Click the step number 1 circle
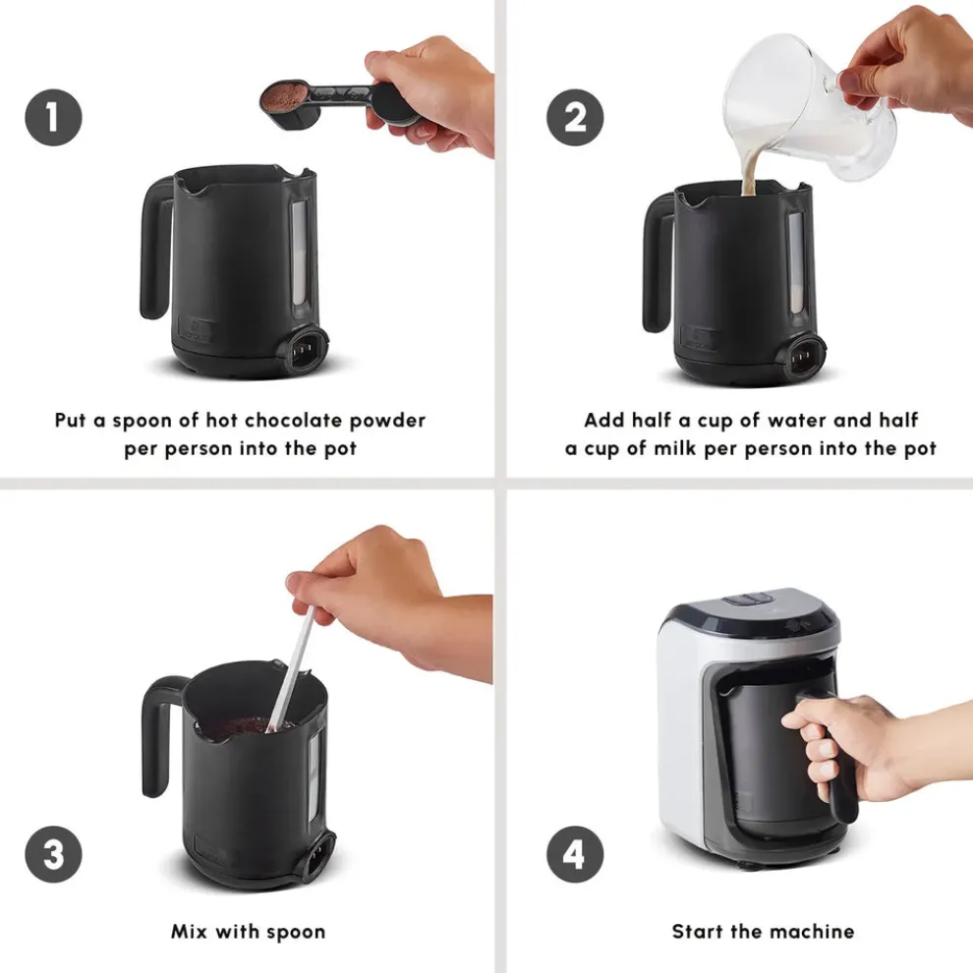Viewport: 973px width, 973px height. pyautogui.click(x=53, y=118)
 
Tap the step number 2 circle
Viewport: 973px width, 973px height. pyautogui.click(x=575, y=118)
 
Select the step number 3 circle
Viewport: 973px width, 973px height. pyautogui.click(x=53, y=854)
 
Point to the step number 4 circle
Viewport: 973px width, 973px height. pyautogui.click(x=575, y=854)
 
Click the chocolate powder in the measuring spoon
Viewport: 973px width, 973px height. pyautogui.click(x=284, y=94)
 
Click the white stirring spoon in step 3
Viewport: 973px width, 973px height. pyautogui.click(x=290, y=669)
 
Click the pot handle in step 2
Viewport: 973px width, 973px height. pyautogui.click(x=657, y=261)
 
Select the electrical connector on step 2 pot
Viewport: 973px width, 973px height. pyautogui.click(x=804, y=358)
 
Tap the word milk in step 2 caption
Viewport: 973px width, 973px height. pyautogui.click(x=675, y=448)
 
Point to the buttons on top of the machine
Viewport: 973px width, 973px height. pyautogui.click(x=748, y=601)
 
